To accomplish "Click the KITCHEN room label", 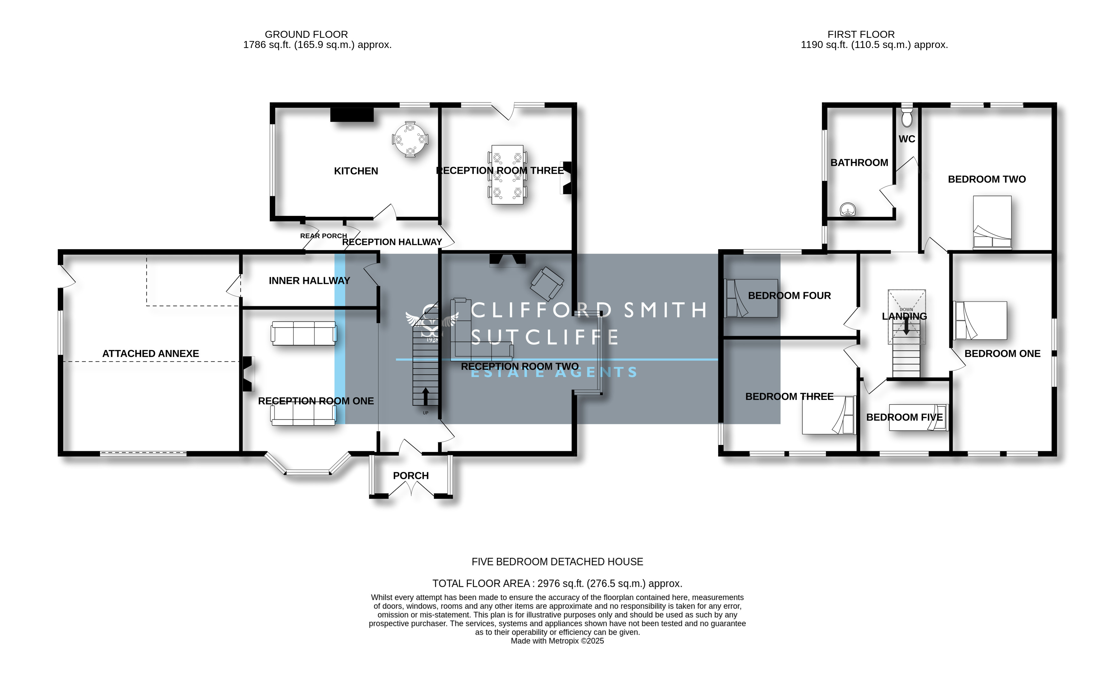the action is pos(356,171).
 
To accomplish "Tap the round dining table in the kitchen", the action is pos(410,139).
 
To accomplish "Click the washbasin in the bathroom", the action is pos(848,210).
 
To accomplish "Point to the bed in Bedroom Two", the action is pos(992,222).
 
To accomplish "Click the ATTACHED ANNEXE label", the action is pos(151,354).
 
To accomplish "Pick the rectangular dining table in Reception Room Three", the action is pos(507,175).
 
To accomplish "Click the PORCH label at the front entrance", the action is pos(410,476).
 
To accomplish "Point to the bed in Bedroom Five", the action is pos(918,417).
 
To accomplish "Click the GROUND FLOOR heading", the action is pos(306,34).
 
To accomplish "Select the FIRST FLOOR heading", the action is pos(861,34).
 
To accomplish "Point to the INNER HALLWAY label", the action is pos(310,281).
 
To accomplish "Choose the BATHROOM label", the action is pos(859,163).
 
